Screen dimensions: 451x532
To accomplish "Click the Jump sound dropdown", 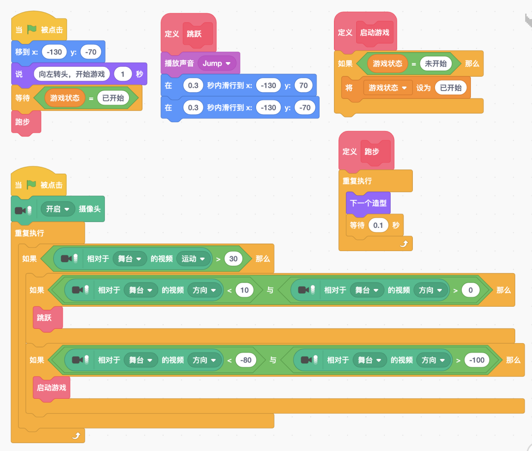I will (217, 64).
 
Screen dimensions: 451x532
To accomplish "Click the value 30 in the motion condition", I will (233, 258).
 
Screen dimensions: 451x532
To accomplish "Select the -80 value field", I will (246, 360).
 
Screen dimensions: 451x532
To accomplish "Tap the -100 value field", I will (477, 360).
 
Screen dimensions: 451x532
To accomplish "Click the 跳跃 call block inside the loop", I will (44, 318).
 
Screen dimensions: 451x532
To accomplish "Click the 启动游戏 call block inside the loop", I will (51, 387).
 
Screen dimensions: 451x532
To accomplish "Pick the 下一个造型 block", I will (367, 203).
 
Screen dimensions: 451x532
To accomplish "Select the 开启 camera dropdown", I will (58, 209).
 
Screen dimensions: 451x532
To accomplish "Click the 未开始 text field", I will (435, 64).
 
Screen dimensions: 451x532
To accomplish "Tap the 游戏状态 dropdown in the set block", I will (388, 88).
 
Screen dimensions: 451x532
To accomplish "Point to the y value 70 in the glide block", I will (303, 85).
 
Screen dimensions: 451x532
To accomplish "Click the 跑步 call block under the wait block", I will (23, 122).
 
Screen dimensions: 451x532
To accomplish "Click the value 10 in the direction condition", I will (244, 290).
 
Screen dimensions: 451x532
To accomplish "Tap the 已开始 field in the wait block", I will (113, 98).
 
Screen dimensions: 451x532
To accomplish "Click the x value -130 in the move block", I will (55, 52).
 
